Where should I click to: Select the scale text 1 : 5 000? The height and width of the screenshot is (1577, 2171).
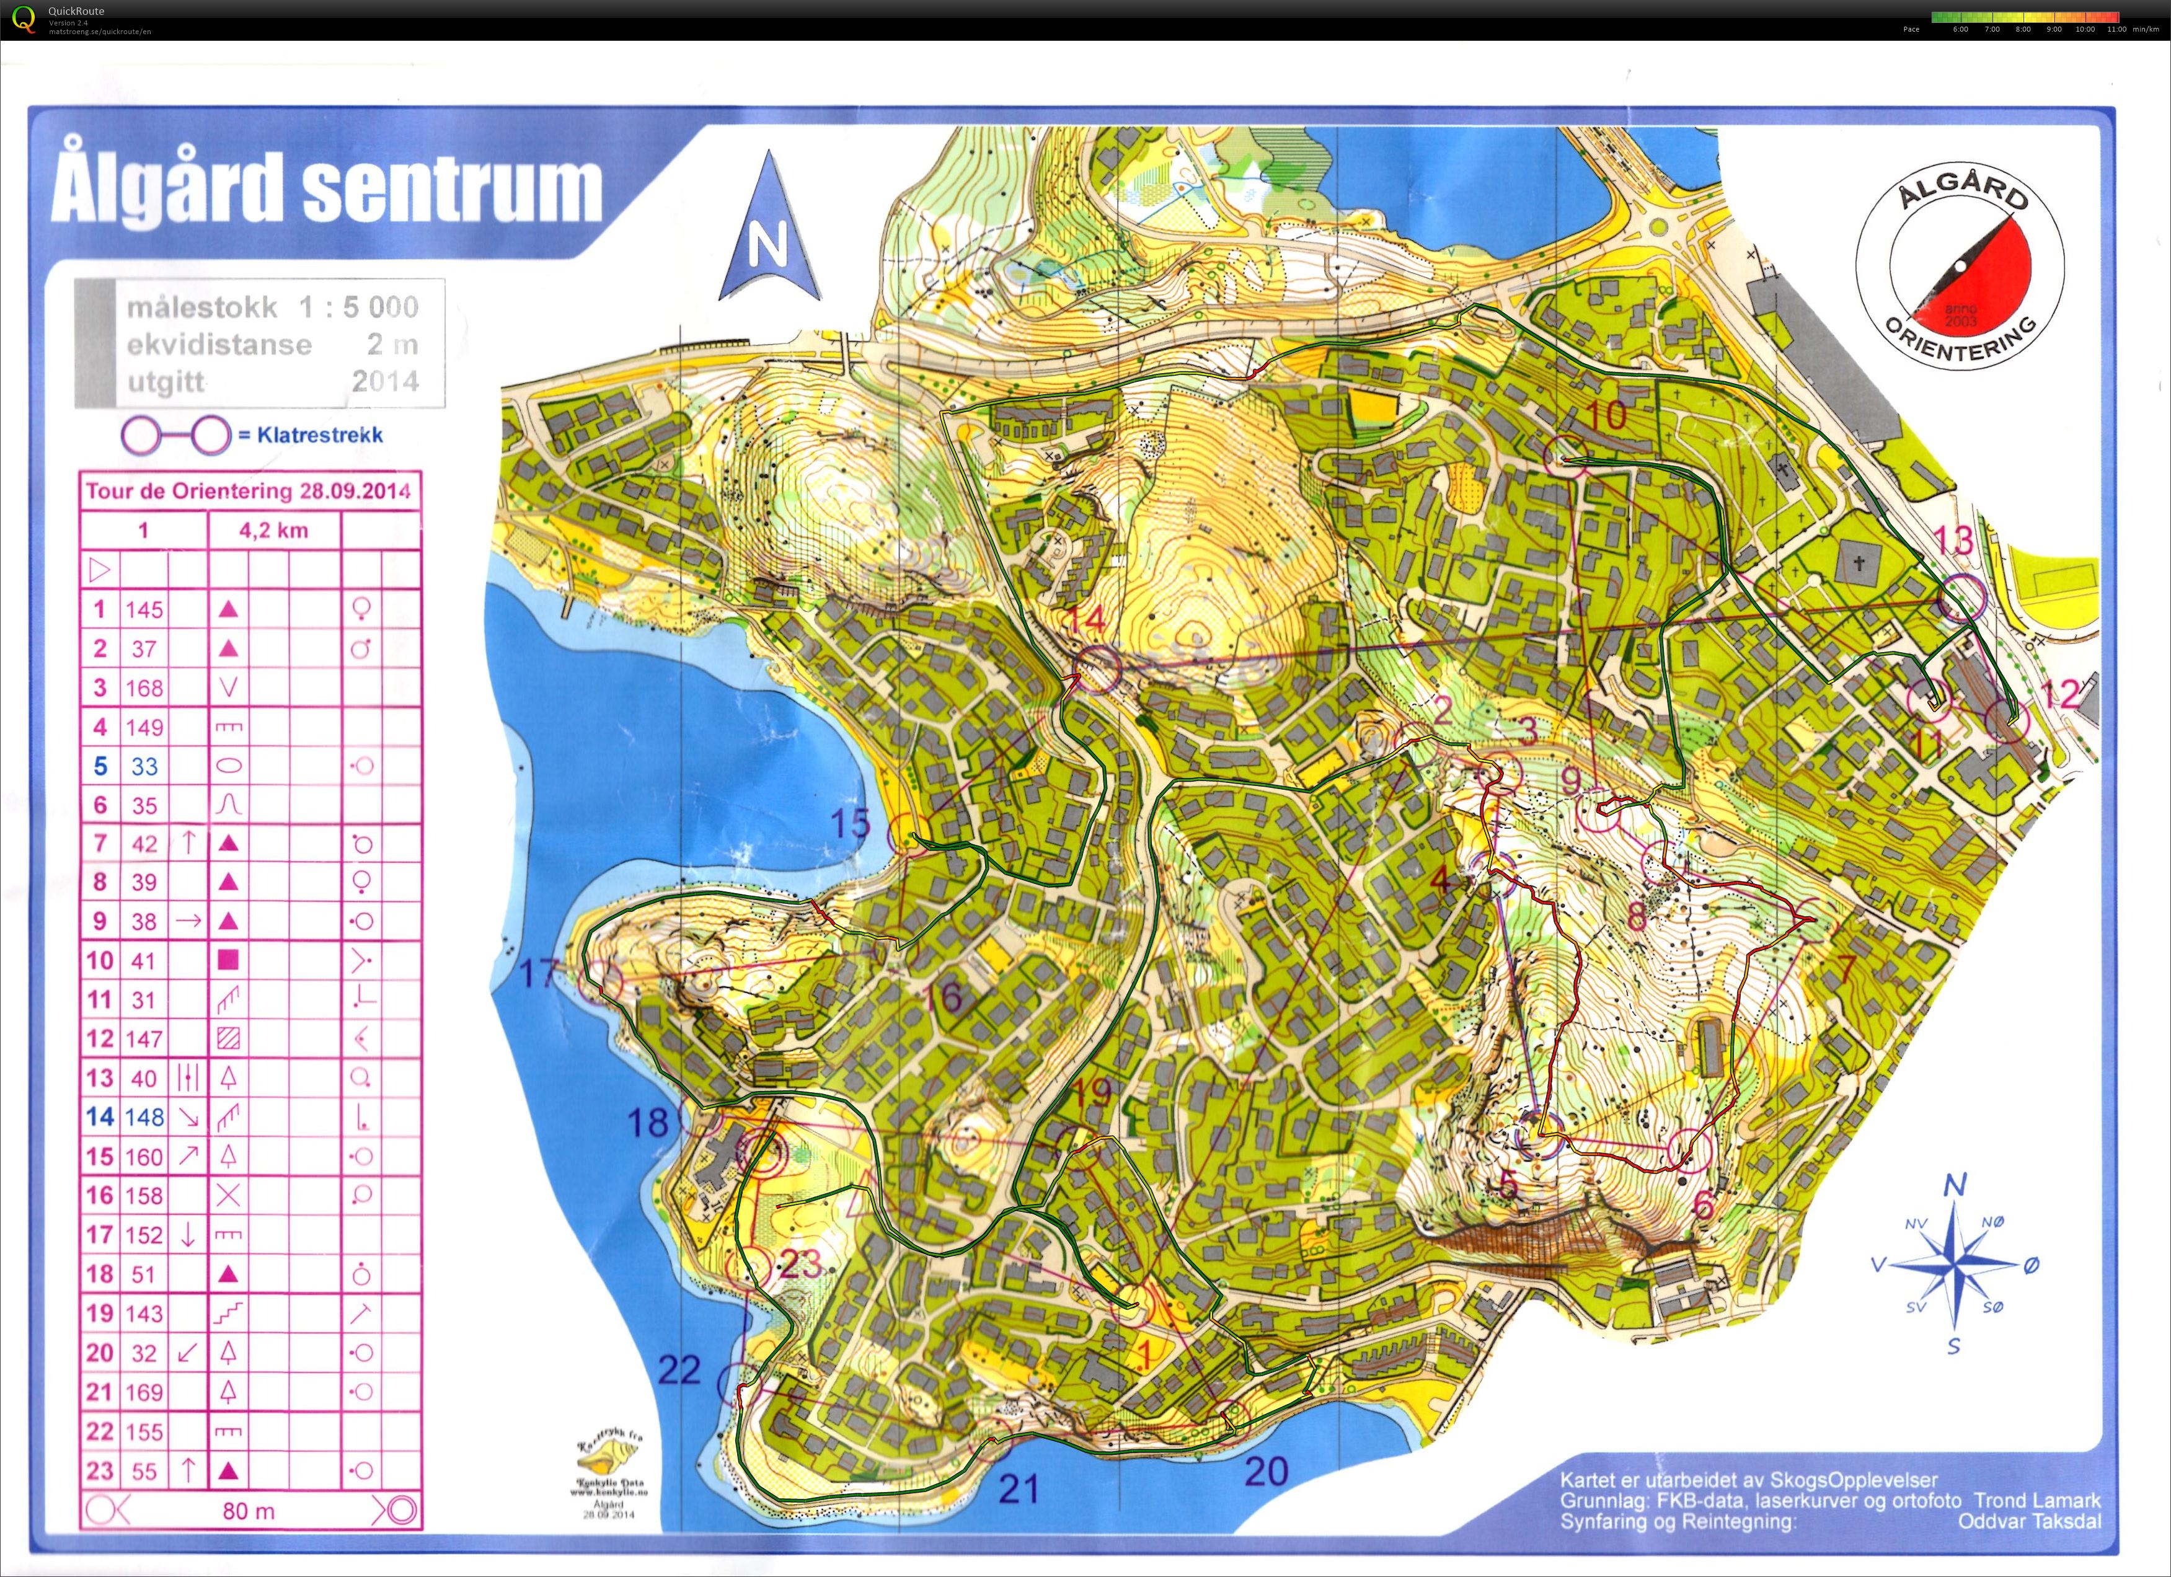[358, 307]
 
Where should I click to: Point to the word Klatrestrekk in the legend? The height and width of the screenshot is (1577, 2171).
[320, 435]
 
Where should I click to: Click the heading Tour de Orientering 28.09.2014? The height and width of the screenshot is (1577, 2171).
[248, 492]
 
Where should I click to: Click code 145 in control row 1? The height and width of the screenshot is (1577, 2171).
[144, 609]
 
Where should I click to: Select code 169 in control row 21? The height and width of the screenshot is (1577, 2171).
[144, 1392]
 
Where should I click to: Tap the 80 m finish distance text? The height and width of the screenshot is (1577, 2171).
[248, 1511]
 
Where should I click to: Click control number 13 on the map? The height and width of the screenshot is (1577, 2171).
[1953, 541]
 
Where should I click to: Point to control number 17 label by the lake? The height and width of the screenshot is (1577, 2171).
[538, 974]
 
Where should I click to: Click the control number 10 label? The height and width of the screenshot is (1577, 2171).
[1606, 415]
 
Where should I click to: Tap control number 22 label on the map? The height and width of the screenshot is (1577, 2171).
[679, 1371]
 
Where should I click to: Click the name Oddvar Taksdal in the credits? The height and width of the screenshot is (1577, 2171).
[2028, 1521]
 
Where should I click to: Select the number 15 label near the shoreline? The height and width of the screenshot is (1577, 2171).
[849, 823]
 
